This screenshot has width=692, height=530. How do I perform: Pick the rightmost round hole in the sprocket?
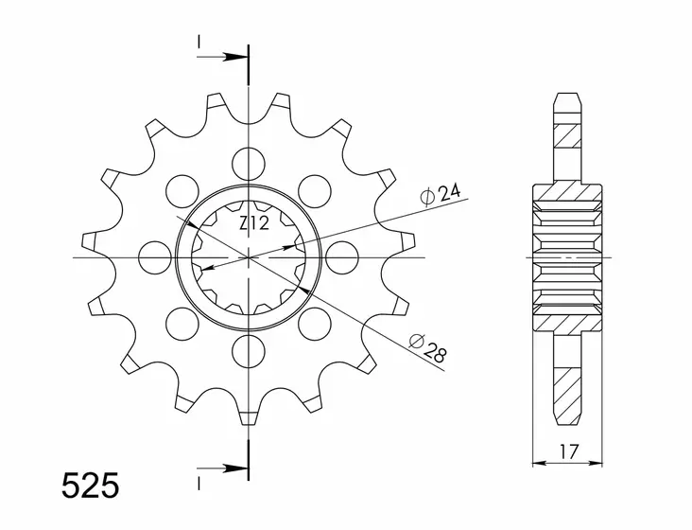click(341, 256)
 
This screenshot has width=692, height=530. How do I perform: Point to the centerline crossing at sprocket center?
click(249, 256)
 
